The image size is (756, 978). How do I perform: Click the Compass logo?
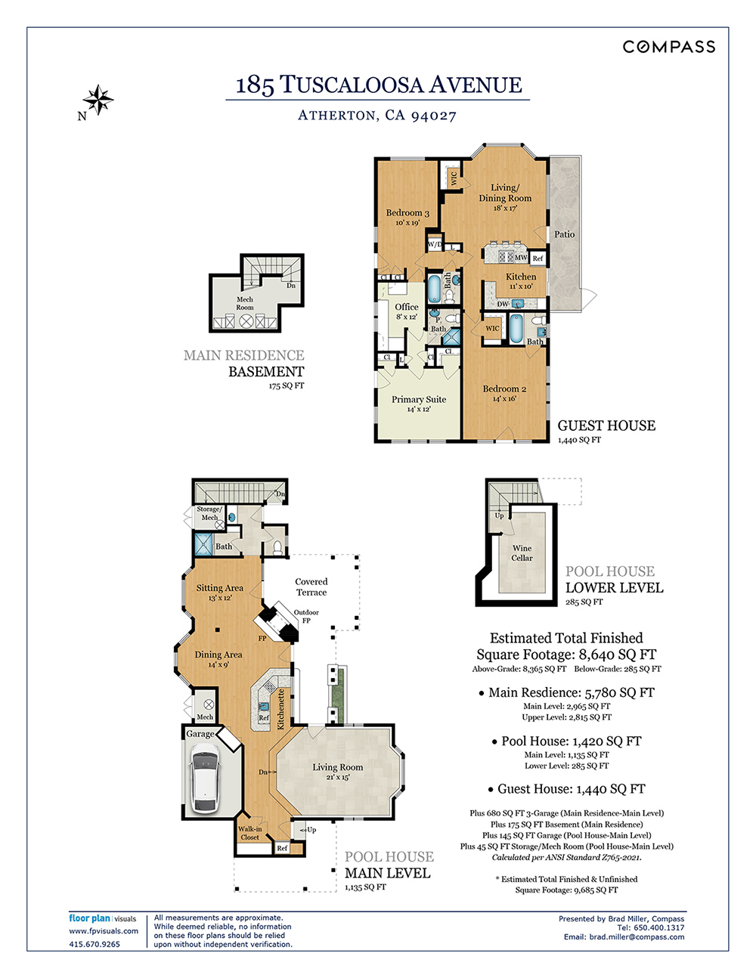tap(668, 47)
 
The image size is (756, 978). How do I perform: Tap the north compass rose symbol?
tap(98, 100)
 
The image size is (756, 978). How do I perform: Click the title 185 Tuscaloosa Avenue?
tap(378, 85)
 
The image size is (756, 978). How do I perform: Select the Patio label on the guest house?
tap(564, 234)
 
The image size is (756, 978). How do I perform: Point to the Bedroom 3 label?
tap(407, 214)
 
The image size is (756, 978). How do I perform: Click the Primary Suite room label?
tap(418, 400)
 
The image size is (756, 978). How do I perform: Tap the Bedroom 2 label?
tap(504, 389)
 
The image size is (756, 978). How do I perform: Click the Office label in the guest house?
tap(406, 307)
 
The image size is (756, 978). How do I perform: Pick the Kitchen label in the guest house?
tap(521, 277)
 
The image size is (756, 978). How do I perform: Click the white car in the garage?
tap(205, 777)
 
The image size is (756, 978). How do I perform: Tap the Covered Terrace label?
tap(311, 587)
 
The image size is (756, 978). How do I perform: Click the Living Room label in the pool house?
tap(337, 768)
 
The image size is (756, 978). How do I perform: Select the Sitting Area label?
tap(219, 588)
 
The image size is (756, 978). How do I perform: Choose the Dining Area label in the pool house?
tap(218, 655)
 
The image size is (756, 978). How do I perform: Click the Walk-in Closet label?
tap(249, 833)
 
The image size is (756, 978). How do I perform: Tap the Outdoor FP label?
tap(306, 616)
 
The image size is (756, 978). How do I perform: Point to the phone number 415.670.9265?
tap(94, 944)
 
